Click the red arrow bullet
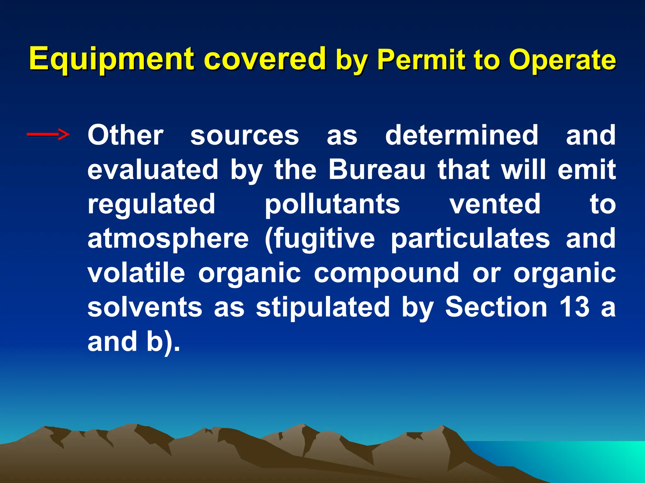coord(48,135)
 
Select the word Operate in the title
coord(562,60)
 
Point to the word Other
coord(125,135)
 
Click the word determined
coord(462,135)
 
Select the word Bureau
coord(377,170)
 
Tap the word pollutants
coord(332,204)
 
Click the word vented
coord(495,204)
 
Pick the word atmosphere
coord(168,239)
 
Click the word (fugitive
coord(320,239)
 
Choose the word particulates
coord(470,239)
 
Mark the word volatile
coord(136,273)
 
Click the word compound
coord(386,273)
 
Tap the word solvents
coord(145,307)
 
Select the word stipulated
coord(323,307)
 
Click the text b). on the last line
coord(163,342)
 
